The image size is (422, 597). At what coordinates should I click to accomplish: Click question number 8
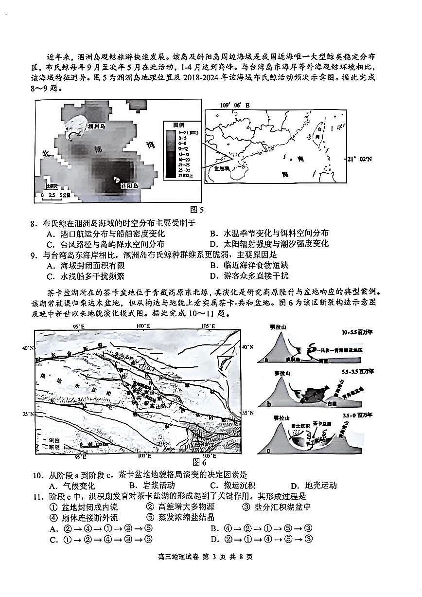(34, 223)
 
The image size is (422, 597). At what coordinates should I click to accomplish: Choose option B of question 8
(269, 234)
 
